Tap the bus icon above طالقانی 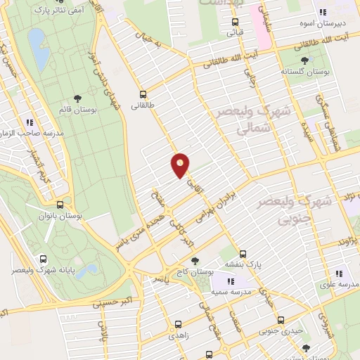[143, 94]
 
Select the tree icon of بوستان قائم [77, 100]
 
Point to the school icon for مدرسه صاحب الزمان [30, 122]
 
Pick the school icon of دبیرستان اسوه [323, 13]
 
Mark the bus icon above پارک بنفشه [243, 254]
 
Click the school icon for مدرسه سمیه [231, 281]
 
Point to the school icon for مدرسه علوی [339, 274]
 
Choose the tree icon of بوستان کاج [196, 261]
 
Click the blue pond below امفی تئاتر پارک [39, 49]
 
